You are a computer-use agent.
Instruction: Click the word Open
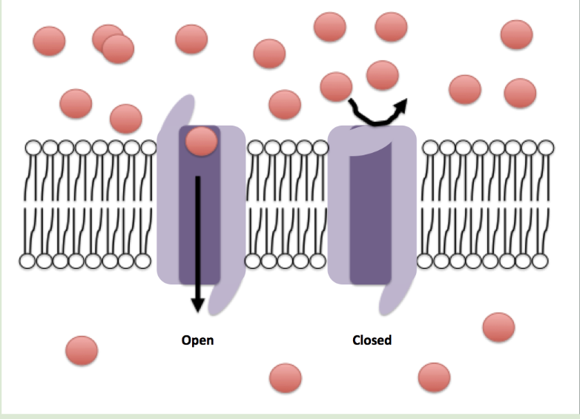[x=197, y=341]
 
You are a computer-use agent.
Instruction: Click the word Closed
[x=372, y=341]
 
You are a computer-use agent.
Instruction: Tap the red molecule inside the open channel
[x=201, y=141]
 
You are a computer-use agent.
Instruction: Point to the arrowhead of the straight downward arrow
[x=197, y=303]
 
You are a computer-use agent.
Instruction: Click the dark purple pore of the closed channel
[x=371, y=223]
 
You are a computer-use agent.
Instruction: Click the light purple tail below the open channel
[x=222, y=297]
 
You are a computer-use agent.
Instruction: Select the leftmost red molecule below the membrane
[x=82, y=350]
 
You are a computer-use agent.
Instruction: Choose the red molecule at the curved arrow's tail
[x=336, y=86]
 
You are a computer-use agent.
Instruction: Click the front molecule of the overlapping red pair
[x=118, y=49]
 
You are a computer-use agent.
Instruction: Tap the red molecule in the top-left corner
[x=49, y=40]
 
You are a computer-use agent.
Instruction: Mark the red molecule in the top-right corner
[x=516, y=34]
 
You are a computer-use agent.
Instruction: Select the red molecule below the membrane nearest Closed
[x=434, y=377]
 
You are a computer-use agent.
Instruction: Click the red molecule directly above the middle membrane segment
[x=285, y=105]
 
